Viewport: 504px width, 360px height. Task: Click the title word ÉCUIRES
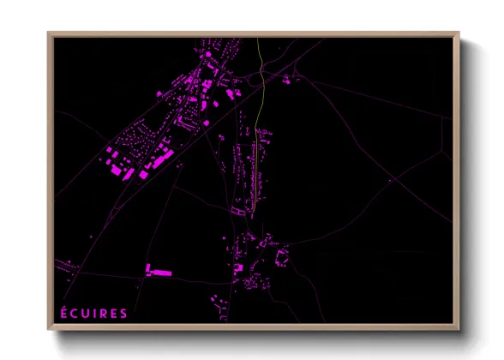coord(93,313)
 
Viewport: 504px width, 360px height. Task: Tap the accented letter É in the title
coord(63,313)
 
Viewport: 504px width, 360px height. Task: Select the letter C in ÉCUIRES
coord(74,314)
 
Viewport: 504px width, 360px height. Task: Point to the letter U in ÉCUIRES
coord(84,314)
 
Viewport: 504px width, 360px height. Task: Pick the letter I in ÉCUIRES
coord(93,314)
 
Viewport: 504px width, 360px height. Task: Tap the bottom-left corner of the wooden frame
coord(49,329)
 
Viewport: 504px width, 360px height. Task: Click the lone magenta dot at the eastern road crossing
coord(389,181)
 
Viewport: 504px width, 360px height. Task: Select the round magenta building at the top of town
coord(207,55)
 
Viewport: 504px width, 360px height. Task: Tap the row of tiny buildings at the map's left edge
coord(63,263)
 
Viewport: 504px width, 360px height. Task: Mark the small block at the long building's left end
coord(146,271)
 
